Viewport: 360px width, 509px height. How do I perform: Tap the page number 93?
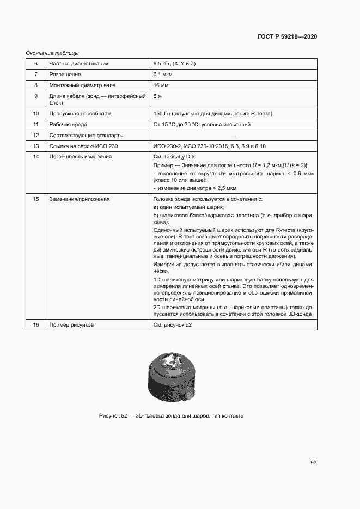pos(313,463)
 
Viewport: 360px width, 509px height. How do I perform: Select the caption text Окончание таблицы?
pos(52,53)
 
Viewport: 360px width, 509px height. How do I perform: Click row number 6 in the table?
pos(36,64)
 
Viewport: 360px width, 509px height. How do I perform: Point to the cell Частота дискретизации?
pos(79,64)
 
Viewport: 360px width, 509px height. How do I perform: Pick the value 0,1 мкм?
pos(164,75)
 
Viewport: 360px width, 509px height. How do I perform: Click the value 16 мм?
pos(162,85)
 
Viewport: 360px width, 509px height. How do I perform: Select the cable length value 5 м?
pos(158,96)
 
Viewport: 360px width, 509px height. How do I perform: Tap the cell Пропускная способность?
pos(81,114)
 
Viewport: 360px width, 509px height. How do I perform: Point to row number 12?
pos(36,136)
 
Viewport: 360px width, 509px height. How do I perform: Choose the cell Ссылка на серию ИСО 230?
pos(83,146)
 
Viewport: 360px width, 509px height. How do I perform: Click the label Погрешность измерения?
pos(81,157)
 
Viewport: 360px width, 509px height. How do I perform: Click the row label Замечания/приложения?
pos(80,199)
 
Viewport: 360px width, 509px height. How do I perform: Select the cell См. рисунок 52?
pos(173,325)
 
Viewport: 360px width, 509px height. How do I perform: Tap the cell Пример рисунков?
pos(71,325)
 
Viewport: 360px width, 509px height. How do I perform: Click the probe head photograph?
pos(171,376)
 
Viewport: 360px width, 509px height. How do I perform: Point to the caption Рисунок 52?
pos(171,416)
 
